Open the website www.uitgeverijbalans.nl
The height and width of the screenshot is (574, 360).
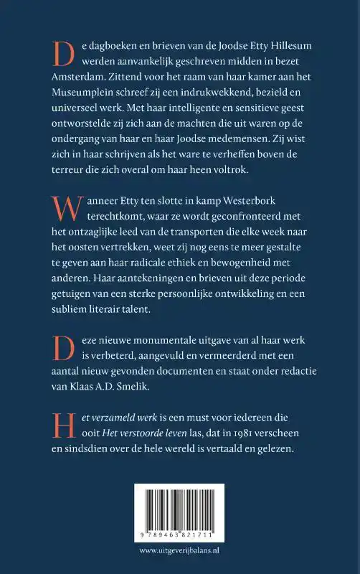(x=180, y=552)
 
